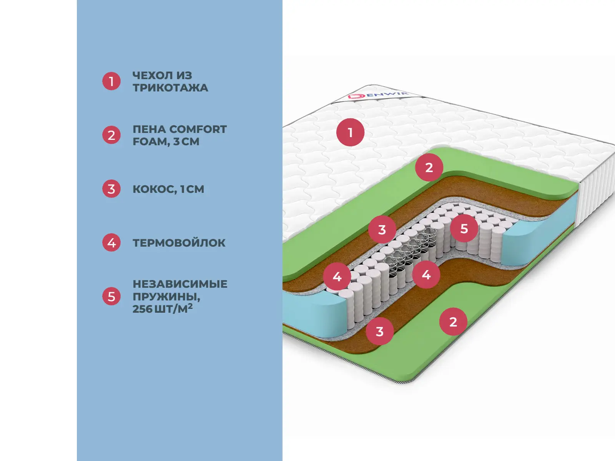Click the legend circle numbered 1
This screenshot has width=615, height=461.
point(111,81)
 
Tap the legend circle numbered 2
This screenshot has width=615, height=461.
point(111,135)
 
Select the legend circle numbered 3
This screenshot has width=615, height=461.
point(111,189)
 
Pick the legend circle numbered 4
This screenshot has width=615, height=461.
point(111,243)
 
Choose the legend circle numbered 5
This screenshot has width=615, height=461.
point(111,297)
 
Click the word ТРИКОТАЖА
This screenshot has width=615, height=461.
point(170,88)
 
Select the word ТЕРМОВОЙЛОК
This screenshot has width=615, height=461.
point(179,243)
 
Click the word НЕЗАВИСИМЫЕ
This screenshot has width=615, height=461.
point(180,284)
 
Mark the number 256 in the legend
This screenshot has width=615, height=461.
point(142,309)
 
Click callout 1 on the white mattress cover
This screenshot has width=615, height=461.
point(350,133)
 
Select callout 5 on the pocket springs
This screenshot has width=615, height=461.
point(464,229)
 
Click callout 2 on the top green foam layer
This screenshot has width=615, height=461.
point(429,167)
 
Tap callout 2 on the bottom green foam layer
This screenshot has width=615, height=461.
point(453,322)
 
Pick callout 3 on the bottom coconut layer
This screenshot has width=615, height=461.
point(379,331)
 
